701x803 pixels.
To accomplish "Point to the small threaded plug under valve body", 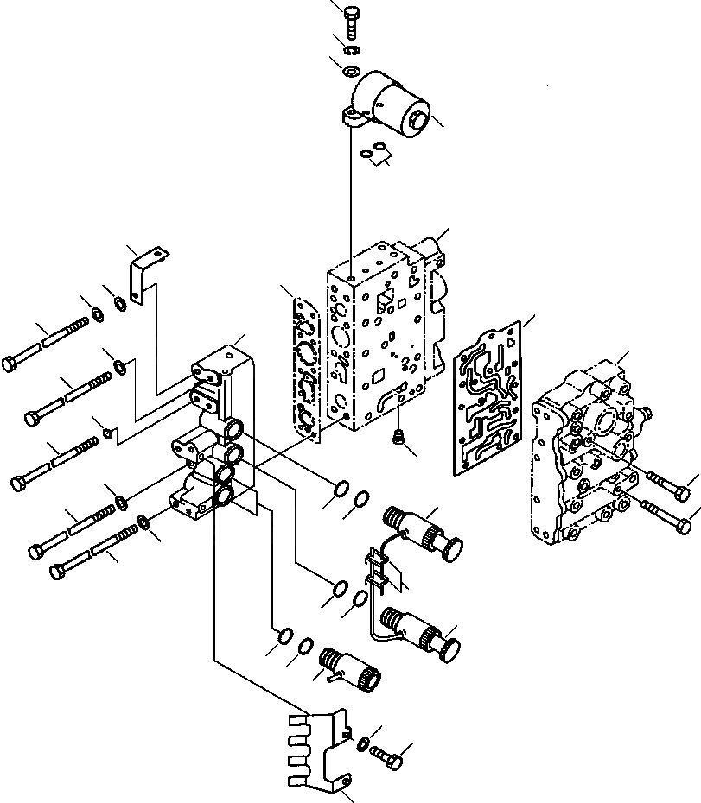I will pos(398,438).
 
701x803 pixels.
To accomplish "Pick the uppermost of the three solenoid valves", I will pos(424,529).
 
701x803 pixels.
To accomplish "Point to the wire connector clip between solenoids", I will pos(379,571).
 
